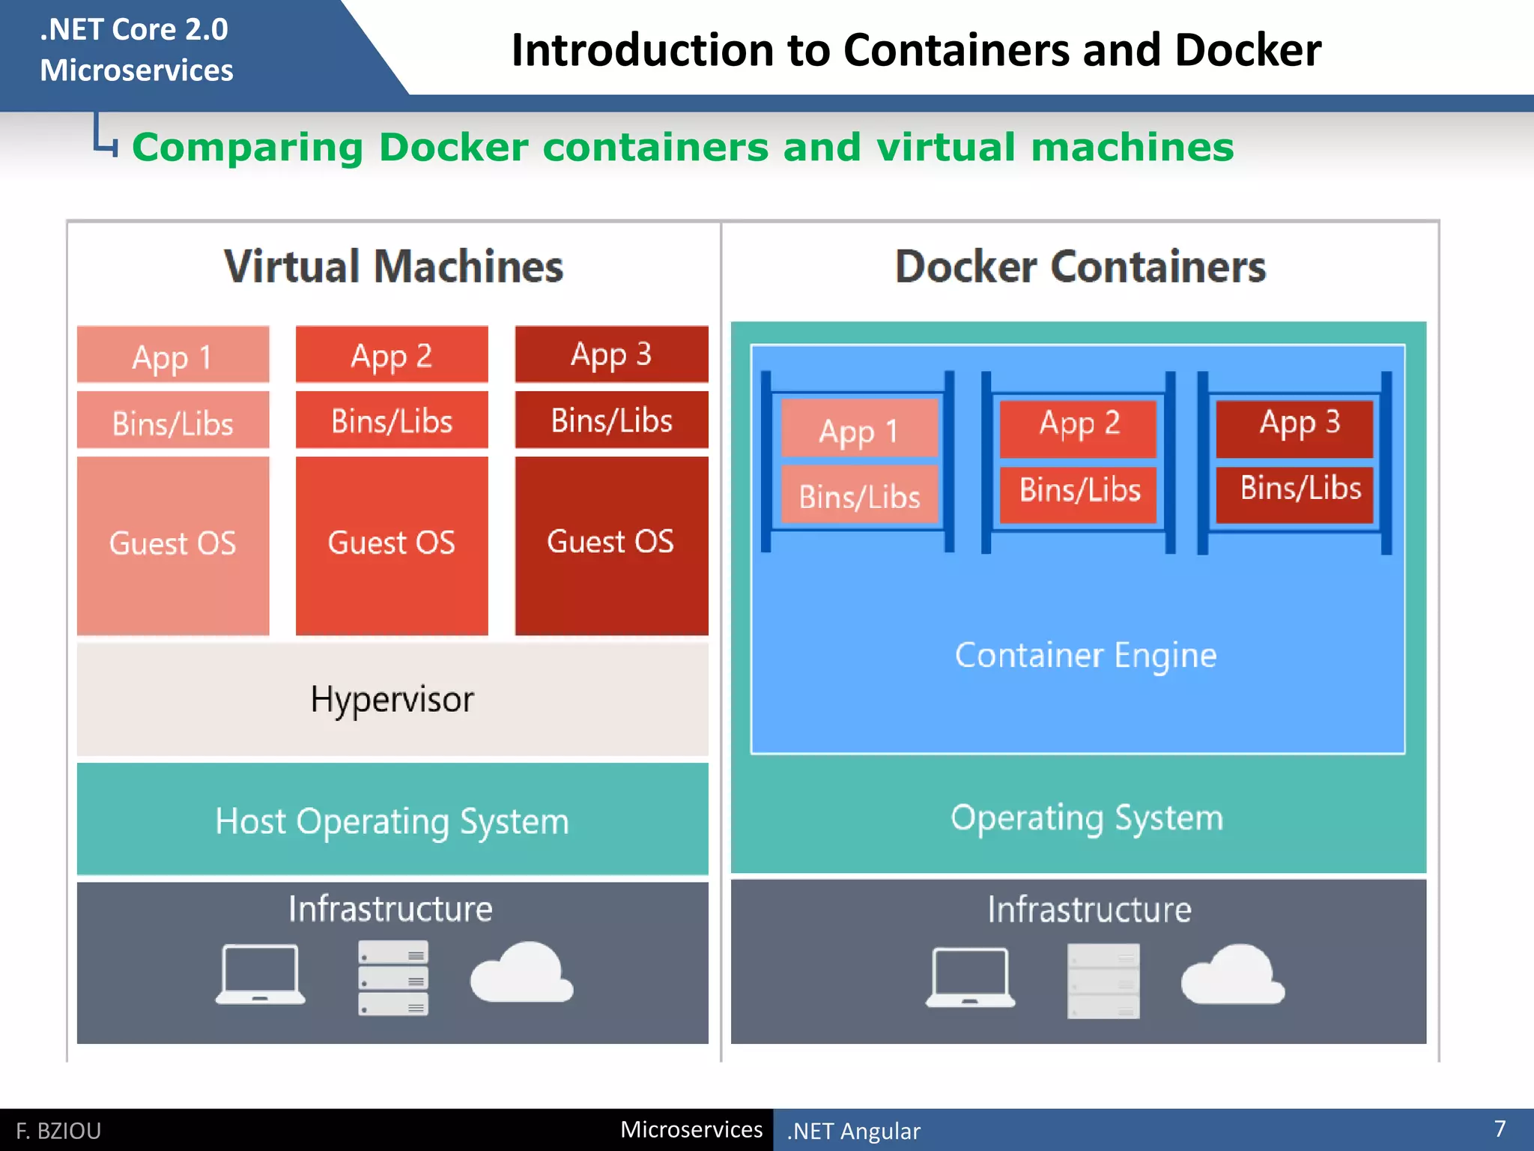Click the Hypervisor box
[392, 699]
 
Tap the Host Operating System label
[392, 821]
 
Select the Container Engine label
[1085, 655]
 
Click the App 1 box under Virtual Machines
[172, 355]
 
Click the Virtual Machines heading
[393, 267]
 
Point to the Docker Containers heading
[1080, 267]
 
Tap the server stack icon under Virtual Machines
[393, 978]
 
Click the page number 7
[1500, 1129]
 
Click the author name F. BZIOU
[58, 1131]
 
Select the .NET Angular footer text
[853, 1131]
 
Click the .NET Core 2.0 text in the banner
[133, 30]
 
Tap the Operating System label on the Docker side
[1086, 818]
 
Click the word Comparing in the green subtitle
[247, 147]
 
